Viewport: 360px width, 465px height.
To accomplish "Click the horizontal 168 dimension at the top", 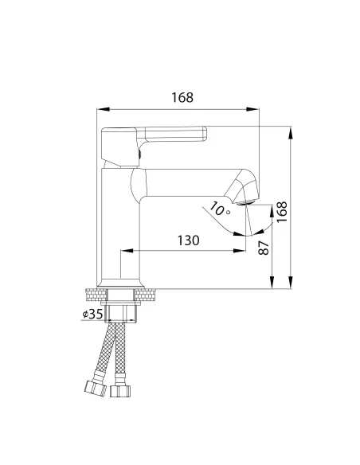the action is tap(182, 97).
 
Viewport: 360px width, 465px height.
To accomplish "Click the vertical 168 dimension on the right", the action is tap(282, 212).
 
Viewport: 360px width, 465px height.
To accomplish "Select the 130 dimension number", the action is tap(188, 240).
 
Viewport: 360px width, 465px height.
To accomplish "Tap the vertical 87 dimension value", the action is tap(264, 248).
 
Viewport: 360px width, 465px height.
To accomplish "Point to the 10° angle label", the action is tap(220, 209).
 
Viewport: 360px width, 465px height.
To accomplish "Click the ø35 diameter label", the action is tap(92, 314).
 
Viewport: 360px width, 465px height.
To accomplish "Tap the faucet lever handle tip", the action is tap(205, 134).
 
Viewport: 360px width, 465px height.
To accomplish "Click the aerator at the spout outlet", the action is tap(245, 202).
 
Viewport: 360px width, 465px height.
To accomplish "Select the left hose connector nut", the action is tap(96, 389).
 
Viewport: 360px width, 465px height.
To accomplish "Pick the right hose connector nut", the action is tap(120, 391).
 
